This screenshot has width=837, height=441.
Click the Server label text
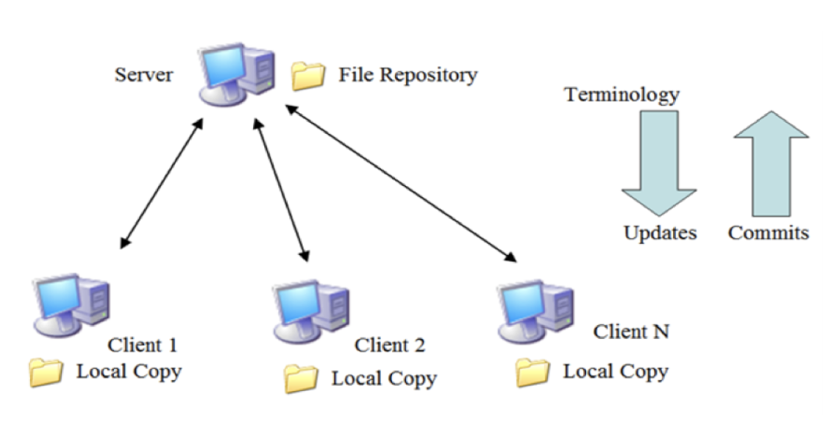point(143,76)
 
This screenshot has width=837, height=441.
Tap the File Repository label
point(407,75)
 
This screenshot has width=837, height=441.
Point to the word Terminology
point(621,95)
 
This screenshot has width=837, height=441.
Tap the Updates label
point(660,233)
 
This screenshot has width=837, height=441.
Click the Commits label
point(768,233)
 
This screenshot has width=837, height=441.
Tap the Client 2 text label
point(389,345)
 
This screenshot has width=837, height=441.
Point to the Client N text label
point(631,331)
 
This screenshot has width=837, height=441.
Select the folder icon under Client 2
point(302,379)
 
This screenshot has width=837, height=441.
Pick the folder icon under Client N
point(533,373)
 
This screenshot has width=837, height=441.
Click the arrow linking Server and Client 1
point(161,182)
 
